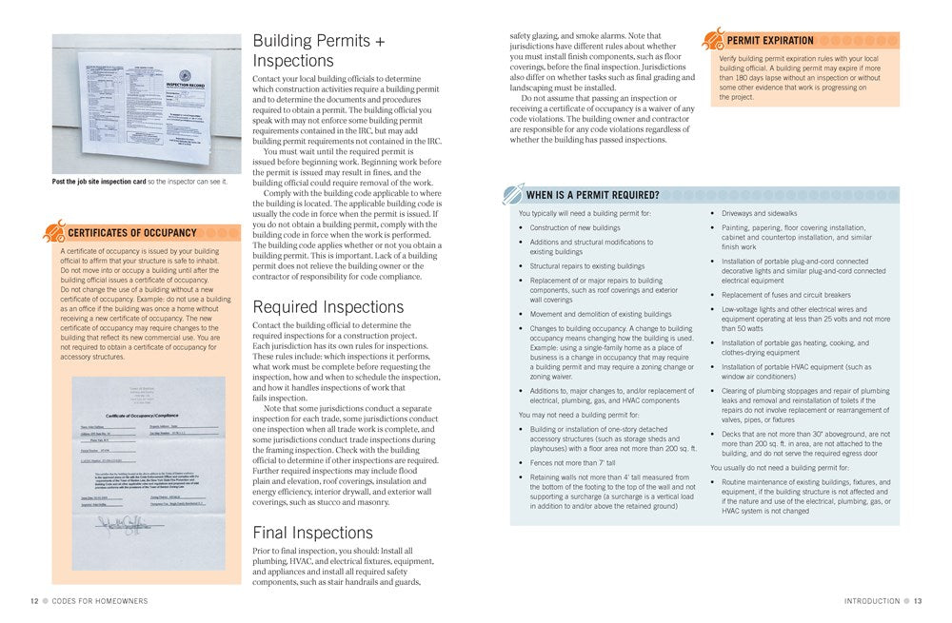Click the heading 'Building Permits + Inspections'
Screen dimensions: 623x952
pyautogui.click(x=318, y=51)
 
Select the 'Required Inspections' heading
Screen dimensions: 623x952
pyautogui.click(x=327, y=307)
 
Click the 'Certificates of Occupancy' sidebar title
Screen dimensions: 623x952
pyautogui.click(x=132, y=233)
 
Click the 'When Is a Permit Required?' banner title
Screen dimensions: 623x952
pyautogui.click(x=592, y=196)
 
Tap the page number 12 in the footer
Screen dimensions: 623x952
pyautogui.click(x=34, y=601)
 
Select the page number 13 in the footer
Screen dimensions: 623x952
pyautogui.click(x=918, y=601)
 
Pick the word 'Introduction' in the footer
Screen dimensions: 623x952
pyautogui.click(x=871, y=601)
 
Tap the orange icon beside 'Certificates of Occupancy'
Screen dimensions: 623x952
pyautogui.click(x=55, y=231)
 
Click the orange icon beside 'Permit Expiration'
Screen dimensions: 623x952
pyautogui.click(x=713, y=39)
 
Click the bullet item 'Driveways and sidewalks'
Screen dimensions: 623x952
pyautogui.click(x=760, y=213)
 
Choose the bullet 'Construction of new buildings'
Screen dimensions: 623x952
pyautogui.click(x=575, y=228)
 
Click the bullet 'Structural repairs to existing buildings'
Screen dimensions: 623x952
pyautogui.click(x=587, y=266)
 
